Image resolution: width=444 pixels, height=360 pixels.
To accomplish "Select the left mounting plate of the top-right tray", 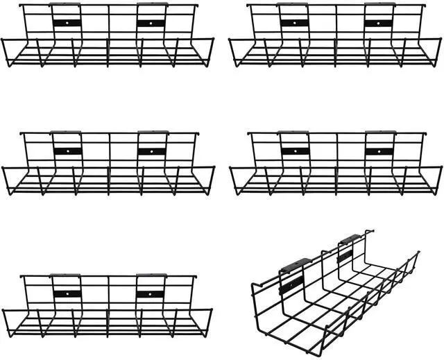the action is point(295,22).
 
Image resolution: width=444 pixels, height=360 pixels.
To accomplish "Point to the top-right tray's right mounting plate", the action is point(379,22).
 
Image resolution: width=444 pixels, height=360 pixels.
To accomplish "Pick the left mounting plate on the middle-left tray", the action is point(67,151).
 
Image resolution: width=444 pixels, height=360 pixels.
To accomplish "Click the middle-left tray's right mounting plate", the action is point(151,151).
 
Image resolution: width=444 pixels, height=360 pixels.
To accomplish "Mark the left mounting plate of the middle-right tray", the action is point(295,151).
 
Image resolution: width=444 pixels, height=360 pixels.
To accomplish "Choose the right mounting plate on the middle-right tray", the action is point(379,151).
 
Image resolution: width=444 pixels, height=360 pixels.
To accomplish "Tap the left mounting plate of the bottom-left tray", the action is point(67,294).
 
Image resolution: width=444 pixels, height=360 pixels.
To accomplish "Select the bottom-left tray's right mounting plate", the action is point(150,294).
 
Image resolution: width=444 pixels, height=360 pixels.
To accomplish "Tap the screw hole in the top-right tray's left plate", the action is point(295,22).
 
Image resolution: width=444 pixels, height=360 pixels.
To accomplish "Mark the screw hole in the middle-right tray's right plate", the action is point(379,151).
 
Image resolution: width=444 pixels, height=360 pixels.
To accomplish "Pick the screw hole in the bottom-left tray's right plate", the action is point(150,294).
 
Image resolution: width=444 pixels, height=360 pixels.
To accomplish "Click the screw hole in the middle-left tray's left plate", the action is point(67,151).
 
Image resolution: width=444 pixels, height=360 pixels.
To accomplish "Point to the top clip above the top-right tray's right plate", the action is point(379,4).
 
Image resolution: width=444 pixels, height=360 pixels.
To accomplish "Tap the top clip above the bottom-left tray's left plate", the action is point(66,275).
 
